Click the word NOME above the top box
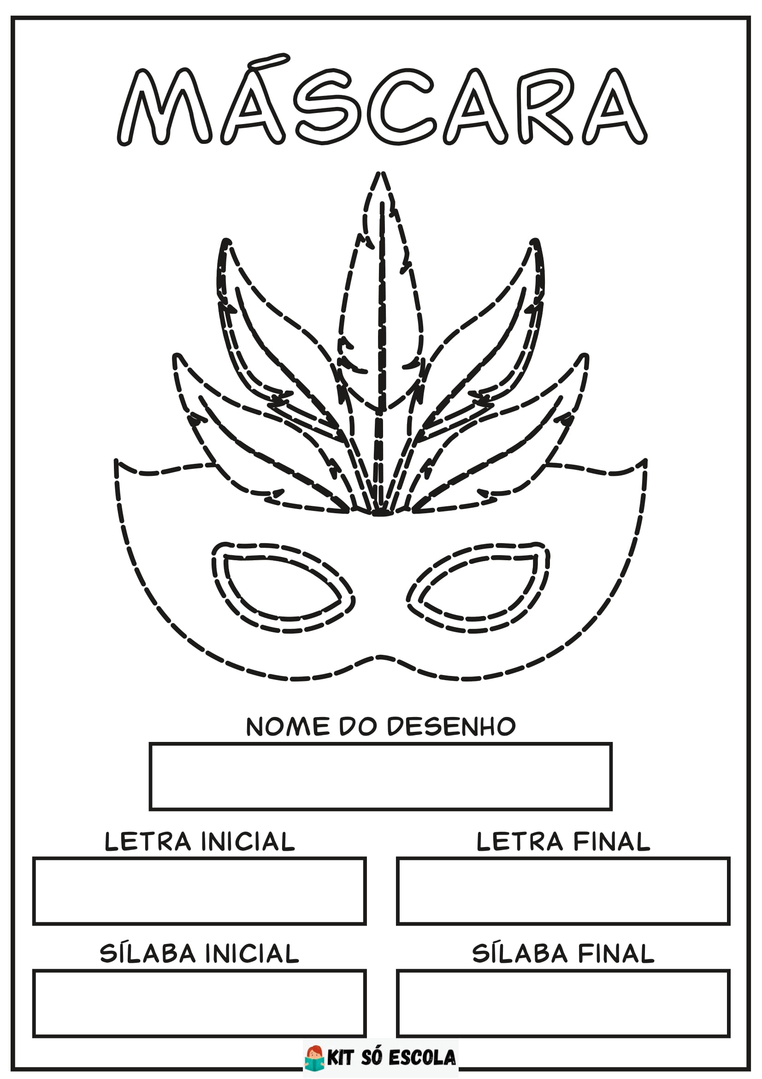pyautogui.click(x=288, y=727)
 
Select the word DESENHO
pyautogui.click(x=451, y=727)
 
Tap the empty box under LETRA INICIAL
pyautogui.click(x=199, y=891)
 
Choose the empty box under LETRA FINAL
pyautogui.click(x=563, y=891)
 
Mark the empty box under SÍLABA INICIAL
pyautogui.click(x=199, y=1003)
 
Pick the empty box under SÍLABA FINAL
pyautogui.click(x=563, y=1003)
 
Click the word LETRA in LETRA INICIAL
pyautogui.click(x=148, y=842)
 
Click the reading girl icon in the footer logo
pyautogui.click(x=315, y=1057)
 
